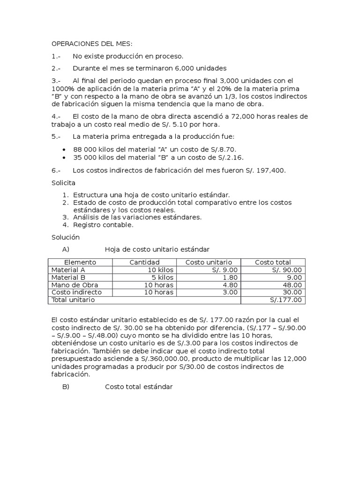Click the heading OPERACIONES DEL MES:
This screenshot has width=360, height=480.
tap(92, 44)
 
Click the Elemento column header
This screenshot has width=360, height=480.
tap(80, 262)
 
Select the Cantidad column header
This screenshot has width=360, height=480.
tap(144, 262)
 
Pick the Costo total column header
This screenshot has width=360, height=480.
tap(272, 262)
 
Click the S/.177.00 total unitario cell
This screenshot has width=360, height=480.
tap(286, 300)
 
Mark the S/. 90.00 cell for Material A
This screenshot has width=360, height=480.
tap(287, 270)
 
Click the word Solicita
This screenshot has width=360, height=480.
tap(63, 182)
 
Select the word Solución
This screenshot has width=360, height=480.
tap(65, 237)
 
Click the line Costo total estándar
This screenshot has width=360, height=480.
tap(139, 387)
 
